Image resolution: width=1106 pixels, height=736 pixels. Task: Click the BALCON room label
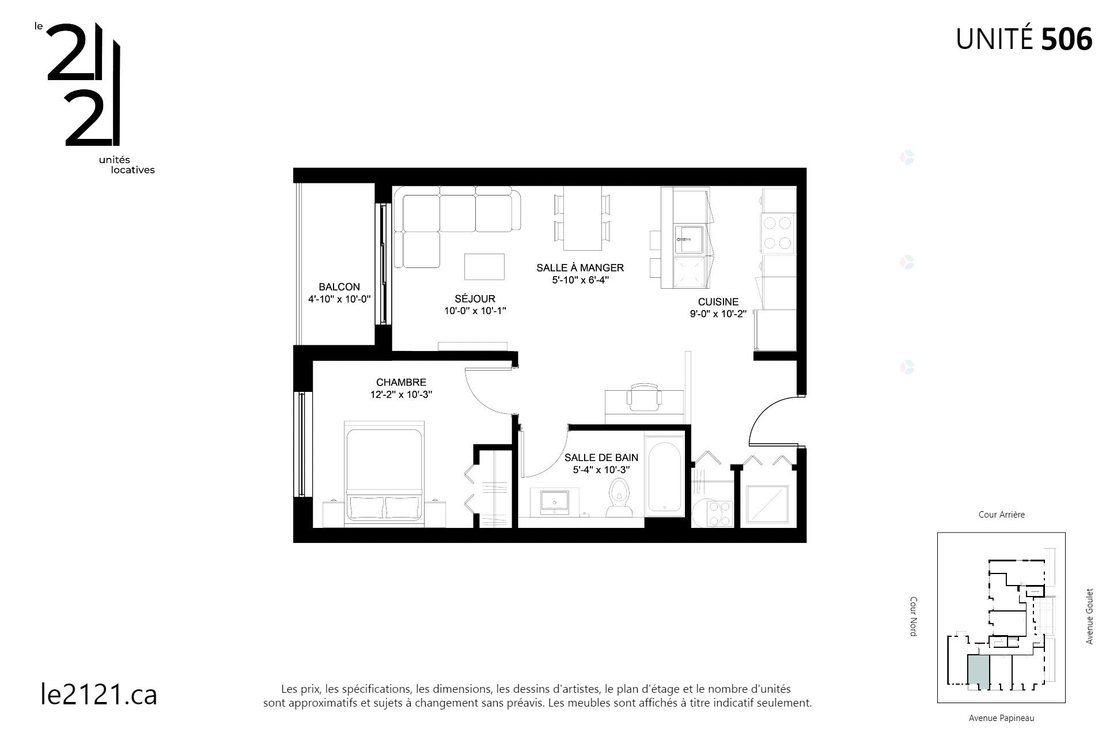pos(339,286)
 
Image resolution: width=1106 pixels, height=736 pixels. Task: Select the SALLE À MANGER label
pos(579,267)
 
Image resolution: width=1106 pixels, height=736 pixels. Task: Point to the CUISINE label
pos(718,301)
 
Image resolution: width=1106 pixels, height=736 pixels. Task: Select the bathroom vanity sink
pos(554,501)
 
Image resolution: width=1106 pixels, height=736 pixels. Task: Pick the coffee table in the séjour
pos(484,266)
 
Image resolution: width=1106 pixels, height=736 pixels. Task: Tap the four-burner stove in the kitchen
pos(778,233)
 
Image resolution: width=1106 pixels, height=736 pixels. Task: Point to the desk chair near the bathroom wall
pos(644,397)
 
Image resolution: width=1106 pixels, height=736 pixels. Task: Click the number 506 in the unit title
pos(1067,40)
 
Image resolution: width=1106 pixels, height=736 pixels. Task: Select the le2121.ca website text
pos(99,694)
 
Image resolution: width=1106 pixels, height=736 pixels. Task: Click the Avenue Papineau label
pos(1001,718)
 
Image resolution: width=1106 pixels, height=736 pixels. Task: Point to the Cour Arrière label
pos(1001,515)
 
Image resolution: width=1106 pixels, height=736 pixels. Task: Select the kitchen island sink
pos(689,239)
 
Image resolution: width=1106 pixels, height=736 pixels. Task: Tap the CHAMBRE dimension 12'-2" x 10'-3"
pos(401,395)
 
